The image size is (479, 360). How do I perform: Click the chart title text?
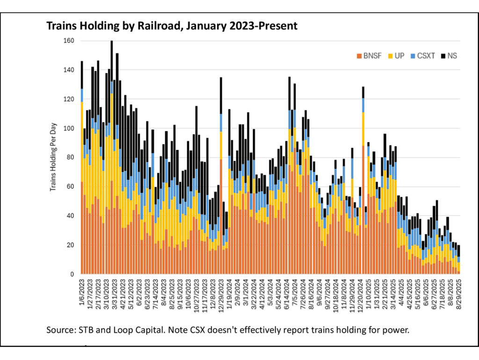click(172, 26)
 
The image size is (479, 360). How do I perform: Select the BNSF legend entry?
click(371, 56)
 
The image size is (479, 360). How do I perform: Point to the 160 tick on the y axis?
click(69, 41)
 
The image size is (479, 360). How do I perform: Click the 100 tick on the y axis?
click(69, 128)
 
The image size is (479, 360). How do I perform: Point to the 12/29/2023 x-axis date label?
click(221, 293)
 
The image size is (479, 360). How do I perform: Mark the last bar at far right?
click(459, 259)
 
